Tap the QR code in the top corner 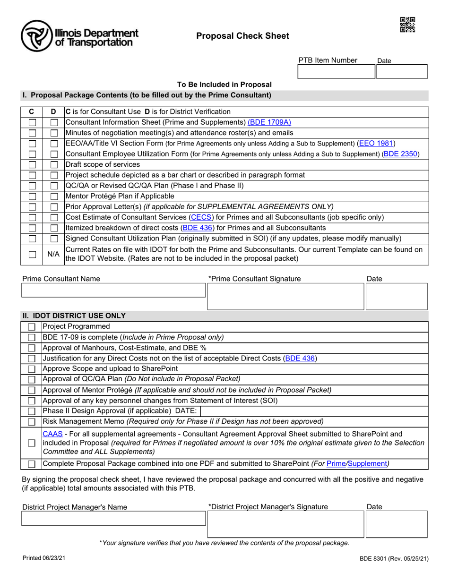tap(407, 25)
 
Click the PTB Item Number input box tap(336, 72)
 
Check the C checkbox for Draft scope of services tap(32, 165)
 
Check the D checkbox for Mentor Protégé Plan tap(54, 196)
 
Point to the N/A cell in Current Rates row tap(53, 254)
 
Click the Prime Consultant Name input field tap(113, 290)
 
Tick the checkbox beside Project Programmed tap(32, 327)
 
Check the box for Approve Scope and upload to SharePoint tap(32, 369)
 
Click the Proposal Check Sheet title tap(242, 36)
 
